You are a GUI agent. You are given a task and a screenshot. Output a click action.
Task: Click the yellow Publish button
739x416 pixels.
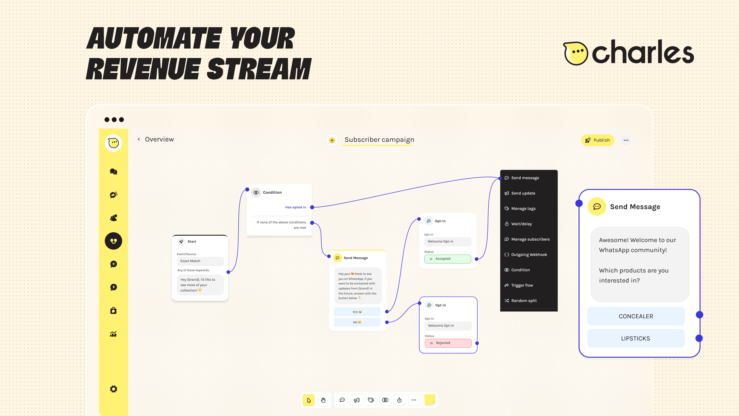[597, 140]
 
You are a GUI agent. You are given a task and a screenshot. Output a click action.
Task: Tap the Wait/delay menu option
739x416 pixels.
[521, 224]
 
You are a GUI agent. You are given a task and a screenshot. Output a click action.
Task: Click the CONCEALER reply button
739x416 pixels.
[636, 316]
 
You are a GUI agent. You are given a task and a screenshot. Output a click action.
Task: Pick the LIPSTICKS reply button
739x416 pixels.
[635, 339]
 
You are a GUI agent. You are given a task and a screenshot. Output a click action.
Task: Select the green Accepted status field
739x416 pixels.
[447, 259]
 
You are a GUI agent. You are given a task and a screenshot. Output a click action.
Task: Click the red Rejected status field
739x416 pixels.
[448, 343]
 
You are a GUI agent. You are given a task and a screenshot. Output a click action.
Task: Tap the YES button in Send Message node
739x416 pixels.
[357, 312]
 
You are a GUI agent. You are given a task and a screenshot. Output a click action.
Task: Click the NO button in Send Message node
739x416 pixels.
[357, 322]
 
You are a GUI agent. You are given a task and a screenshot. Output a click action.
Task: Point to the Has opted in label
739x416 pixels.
[295, 207]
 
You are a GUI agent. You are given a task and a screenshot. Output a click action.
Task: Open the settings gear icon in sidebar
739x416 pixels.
[114, 389]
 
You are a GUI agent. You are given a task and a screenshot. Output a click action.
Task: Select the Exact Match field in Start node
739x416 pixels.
[200, 261]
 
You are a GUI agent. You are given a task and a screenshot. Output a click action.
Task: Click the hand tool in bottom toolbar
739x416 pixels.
[323, 400]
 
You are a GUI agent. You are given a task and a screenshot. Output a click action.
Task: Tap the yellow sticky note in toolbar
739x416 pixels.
[430, 399]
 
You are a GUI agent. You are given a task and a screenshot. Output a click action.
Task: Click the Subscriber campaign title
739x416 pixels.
[379, 140]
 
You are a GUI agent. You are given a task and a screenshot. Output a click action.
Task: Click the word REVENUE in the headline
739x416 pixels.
[143, 69]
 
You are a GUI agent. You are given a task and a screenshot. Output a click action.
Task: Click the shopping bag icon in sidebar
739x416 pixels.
[114, 311]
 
